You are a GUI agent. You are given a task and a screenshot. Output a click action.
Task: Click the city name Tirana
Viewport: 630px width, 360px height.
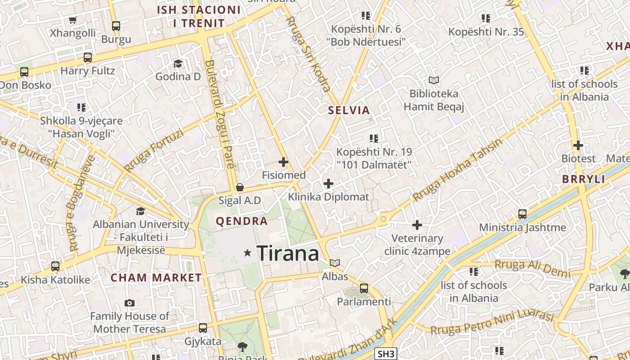pos(288,254)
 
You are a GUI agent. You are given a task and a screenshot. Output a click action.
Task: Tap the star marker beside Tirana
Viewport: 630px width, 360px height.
pos(247,253)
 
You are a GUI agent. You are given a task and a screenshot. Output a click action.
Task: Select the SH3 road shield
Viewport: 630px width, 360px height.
pos(386,354)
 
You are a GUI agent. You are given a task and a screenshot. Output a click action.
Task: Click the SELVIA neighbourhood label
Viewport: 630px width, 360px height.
pos(349,110)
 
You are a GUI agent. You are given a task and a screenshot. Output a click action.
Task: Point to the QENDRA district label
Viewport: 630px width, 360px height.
pos(242,221)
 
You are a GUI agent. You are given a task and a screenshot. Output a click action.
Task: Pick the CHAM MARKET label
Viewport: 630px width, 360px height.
pos(156,278)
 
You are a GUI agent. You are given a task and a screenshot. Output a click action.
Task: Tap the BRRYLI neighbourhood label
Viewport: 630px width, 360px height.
pos(584,179)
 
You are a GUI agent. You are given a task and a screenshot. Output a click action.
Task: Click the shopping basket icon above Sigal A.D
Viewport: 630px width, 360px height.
pos(240,187)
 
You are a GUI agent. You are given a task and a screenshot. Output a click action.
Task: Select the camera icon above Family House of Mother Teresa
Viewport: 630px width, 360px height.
pos(130,303)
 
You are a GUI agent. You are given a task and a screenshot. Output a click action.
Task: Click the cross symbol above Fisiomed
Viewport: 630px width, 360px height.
pos(283,162)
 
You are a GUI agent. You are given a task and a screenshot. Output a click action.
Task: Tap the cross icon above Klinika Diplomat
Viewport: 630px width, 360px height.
pos(328,184)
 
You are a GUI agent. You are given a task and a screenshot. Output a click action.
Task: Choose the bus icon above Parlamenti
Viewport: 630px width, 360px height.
pos(364,288)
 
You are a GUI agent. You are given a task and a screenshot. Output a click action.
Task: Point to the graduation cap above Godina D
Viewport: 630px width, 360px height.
pos(178,63)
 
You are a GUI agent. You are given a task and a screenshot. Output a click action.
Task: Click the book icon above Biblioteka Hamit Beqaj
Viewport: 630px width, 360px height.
pos(434,81)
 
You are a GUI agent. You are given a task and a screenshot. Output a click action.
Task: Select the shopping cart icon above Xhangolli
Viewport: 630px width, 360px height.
pos(73,20)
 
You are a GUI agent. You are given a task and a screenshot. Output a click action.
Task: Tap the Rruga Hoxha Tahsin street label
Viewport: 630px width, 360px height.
pos(457,170)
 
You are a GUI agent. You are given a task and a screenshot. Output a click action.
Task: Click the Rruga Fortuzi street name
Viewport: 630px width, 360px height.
pos(154,151)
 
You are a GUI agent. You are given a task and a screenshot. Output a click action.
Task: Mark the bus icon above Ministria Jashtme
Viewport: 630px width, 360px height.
pos(522,214)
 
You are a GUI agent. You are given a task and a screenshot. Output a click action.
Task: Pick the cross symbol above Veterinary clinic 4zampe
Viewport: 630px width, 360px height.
pos(417,225)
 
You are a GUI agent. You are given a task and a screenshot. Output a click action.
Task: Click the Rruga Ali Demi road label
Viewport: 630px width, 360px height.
pos(532,269)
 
